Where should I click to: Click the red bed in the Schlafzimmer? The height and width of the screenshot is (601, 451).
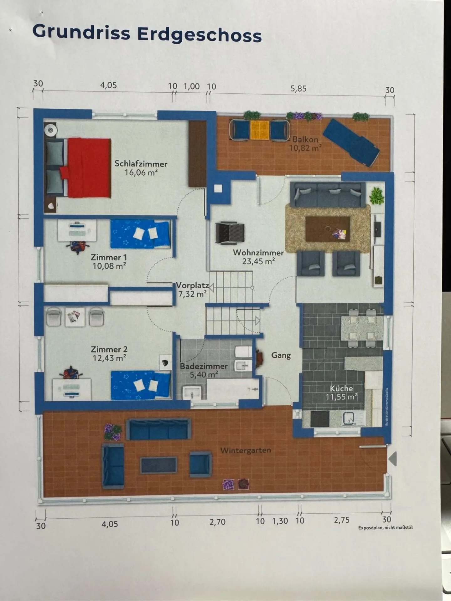[88, 168]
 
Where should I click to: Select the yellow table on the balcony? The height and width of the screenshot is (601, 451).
[260, 130]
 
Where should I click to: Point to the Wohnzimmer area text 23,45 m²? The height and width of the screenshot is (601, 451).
[258, 261]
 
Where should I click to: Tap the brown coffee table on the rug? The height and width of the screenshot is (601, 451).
[327, 229]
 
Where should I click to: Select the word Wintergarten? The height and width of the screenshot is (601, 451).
[246, 450]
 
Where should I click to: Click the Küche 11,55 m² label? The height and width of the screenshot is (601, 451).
[341, 393]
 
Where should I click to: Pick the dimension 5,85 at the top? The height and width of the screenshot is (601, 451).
[298, 89]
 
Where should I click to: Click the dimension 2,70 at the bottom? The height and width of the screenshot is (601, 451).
[217, 522]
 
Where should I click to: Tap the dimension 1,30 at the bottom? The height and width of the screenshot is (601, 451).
[280, 521]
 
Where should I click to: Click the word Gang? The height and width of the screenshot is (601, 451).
[281, 355]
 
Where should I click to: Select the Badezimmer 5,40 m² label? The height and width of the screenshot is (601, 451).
[204, 370]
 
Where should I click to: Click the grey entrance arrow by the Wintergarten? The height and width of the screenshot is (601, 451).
[393, 459]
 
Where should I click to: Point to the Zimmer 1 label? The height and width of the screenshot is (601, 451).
[109, 261]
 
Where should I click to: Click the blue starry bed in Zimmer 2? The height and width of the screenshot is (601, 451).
[141, 385]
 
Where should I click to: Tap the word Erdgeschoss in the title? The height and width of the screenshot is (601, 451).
[199, 34]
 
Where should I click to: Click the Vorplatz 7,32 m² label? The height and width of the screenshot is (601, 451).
[192, 290]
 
